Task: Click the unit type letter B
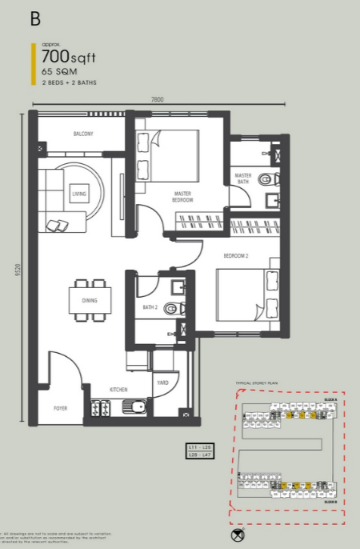tap(35, 19)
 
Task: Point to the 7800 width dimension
tap(158, 99)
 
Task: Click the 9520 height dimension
tap(18, 273)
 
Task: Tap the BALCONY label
tap(83, 134)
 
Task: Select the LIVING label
tap(78, 194)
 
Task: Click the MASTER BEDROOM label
tap(183, 196)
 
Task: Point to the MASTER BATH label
tap(243, 178)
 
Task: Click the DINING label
tap(90, 301)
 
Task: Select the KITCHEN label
tap(119, 389)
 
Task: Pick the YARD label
tap(162, 383)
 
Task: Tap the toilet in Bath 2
tap(170, 308)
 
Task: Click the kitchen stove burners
tap(101, 407)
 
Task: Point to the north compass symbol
tap(238, 534)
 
